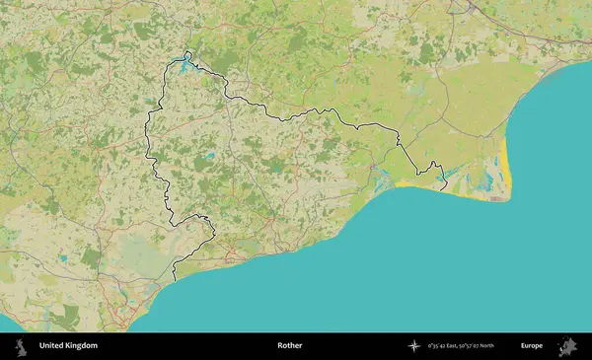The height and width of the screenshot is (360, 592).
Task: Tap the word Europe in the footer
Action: [532, 346]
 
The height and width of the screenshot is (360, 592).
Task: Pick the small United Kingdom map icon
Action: [20, 346]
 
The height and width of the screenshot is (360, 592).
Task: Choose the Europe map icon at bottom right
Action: [567, 346]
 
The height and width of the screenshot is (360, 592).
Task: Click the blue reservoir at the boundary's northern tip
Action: [185, 66]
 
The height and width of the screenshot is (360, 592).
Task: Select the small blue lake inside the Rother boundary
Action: [209, 156]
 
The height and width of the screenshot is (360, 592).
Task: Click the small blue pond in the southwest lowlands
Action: [63, 258]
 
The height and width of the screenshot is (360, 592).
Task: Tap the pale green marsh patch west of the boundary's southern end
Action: [138, 258]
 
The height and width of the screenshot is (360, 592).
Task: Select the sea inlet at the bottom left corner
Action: [8, 324]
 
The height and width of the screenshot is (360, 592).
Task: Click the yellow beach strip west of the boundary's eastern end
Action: [414, 184]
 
